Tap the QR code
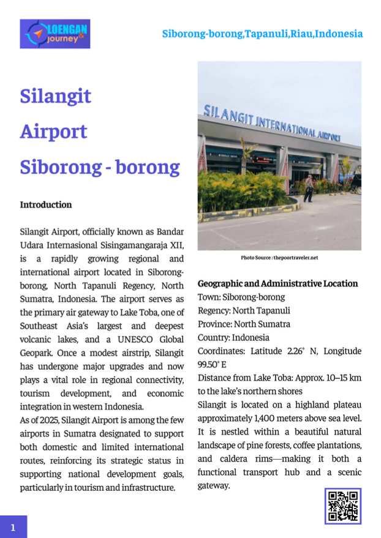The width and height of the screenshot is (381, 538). tap(342, 506)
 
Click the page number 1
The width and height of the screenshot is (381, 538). tap(13, 526)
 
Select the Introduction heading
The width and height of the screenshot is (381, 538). tap(46, 204)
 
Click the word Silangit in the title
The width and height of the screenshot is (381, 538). tap(56, 96)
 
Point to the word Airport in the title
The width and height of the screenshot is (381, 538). tap(54, 132)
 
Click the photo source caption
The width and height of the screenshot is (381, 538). tap(279, 258)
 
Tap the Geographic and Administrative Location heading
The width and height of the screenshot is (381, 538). tap(277, 283)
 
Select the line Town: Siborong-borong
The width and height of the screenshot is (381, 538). tap(241, 297)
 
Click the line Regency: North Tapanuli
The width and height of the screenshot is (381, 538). tap(244, 311)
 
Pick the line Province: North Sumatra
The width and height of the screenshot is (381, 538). tap(244, 324)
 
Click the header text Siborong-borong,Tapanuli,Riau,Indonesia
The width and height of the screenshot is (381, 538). tap(262, 34)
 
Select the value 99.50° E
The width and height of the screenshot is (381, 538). tap(213, 365)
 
